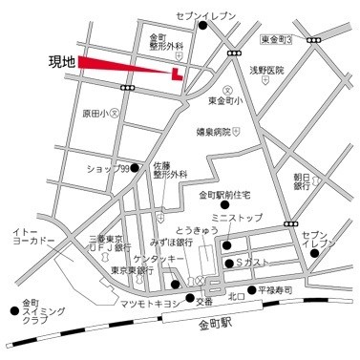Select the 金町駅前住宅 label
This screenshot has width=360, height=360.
(x=224, y=196)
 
